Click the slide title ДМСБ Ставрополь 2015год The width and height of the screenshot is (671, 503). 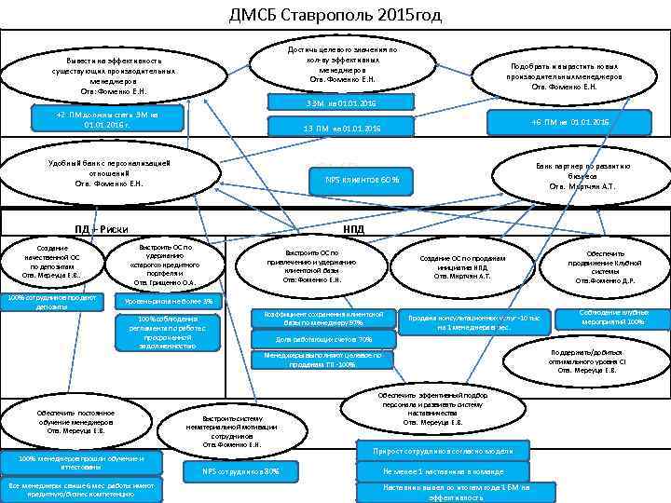point(335,15)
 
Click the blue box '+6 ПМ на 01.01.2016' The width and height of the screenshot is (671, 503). point(569,123)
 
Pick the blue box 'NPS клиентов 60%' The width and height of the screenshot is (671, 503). point(362,179)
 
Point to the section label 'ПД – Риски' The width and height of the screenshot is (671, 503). point(102,229)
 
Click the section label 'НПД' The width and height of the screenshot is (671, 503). point(354,229)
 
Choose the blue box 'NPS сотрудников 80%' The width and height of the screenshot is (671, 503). point(241,471)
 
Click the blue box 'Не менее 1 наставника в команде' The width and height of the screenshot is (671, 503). point(444,471)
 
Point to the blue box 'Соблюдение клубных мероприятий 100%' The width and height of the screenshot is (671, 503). point(611,317)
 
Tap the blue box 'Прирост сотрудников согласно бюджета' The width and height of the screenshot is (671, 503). point(444,452)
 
